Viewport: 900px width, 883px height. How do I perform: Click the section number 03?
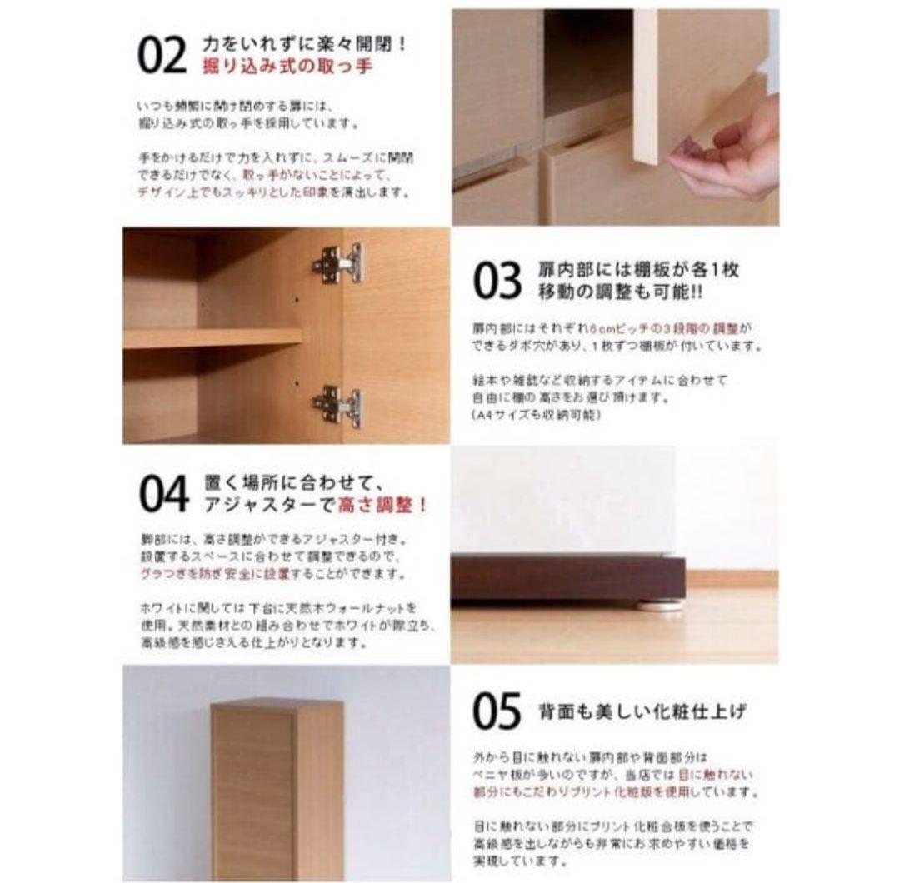coord(497,281)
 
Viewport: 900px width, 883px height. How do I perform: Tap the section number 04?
coord(164,495)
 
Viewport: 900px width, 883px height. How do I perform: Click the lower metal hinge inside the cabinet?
coord(338,406)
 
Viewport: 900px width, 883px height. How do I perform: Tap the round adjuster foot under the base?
coord(661,605)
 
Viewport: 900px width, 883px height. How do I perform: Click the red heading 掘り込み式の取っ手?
coord(287,67)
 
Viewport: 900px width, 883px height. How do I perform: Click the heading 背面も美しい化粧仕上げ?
coord(642,711)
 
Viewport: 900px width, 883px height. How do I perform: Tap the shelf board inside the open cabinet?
coord(212,337)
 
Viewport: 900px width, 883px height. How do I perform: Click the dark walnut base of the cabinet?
coord(567,577)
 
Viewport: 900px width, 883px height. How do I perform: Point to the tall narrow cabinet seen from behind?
coord(276,787)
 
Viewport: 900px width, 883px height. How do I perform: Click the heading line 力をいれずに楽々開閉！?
coord(305,43)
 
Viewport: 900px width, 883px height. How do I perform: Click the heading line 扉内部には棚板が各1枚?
coord(639,270)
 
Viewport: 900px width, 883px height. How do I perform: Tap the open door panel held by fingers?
coord(645,83)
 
